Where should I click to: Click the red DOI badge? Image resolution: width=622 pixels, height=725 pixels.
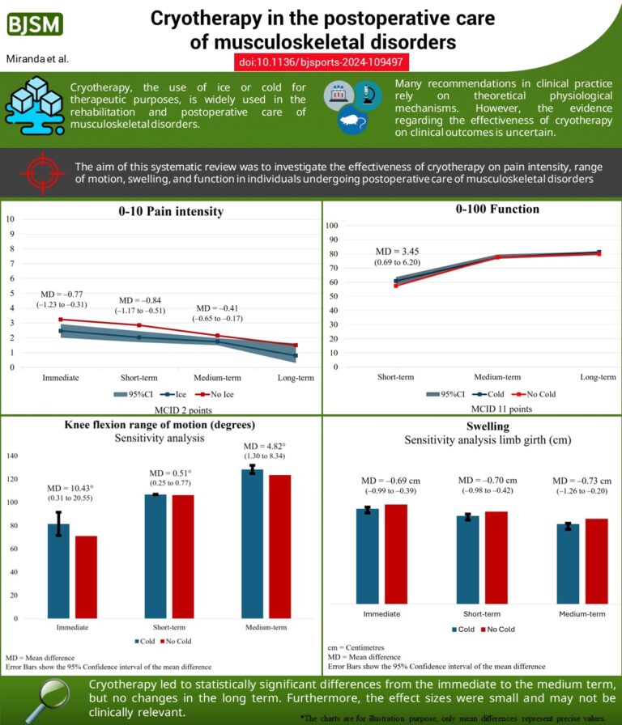point(322,61)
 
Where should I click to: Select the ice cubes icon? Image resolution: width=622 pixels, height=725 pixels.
point(34,106)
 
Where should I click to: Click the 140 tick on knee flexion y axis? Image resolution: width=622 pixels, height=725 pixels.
point(12,456)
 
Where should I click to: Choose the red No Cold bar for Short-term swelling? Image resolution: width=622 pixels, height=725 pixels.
point(496,558)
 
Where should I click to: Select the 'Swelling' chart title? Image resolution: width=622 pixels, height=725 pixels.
point(488,426)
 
